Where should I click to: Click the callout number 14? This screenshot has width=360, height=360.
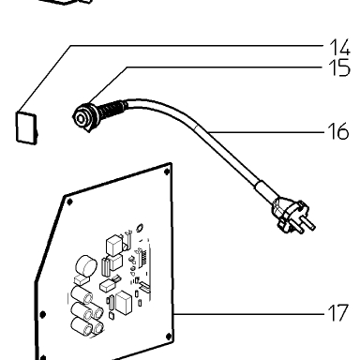click(340, 48)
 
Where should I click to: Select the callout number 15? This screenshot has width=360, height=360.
click(339, 68)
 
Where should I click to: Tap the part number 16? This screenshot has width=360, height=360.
click(338, 131)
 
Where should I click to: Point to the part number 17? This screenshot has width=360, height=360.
click(338, 313)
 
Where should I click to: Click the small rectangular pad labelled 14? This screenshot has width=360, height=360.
click(26, 128)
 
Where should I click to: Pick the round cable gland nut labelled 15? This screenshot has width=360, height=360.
click(83, 117)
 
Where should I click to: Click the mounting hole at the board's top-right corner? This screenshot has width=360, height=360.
click(167, 172)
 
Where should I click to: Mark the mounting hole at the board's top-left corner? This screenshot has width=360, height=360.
click(69, 202)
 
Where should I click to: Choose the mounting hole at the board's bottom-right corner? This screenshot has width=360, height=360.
click(169, 337)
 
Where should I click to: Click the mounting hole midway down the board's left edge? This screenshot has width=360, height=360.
click(43, 314)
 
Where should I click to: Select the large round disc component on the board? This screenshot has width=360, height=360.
click(85, 265)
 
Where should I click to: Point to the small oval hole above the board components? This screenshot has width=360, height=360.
click(140, 227)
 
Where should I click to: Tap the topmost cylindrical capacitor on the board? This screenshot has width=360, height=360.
click(82, 295)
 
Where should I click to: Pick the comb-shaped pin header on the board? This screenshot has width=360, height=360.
click(142, 258)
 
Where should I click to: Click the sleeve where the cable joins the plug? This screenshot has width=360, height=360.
click(265, 189)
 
